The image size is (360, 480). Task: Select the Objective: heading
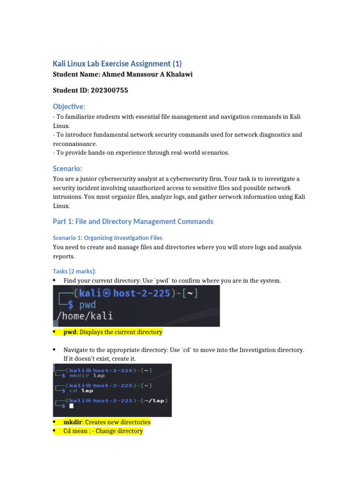(x=69, y=107)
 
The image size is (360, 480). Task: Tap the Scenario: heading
(x=68, y=169)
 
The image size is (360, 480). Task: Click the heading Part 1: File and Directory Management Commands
(x=133, y=221)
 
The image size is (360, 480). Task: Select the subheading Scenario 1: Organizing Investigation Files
(x=107, y=238)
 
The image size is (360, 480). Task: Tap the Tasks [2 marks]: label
(x=74, y=271)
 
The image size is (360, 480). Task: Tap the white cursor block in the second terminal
(x=71, y=405)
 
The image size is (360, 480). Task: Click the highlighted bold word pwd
(x=70, y=332)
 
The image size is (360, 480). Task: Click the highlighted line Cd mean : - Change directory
(x=103, y=431)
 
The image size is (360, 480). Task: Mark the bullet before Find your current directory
(x=55, y=280)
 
